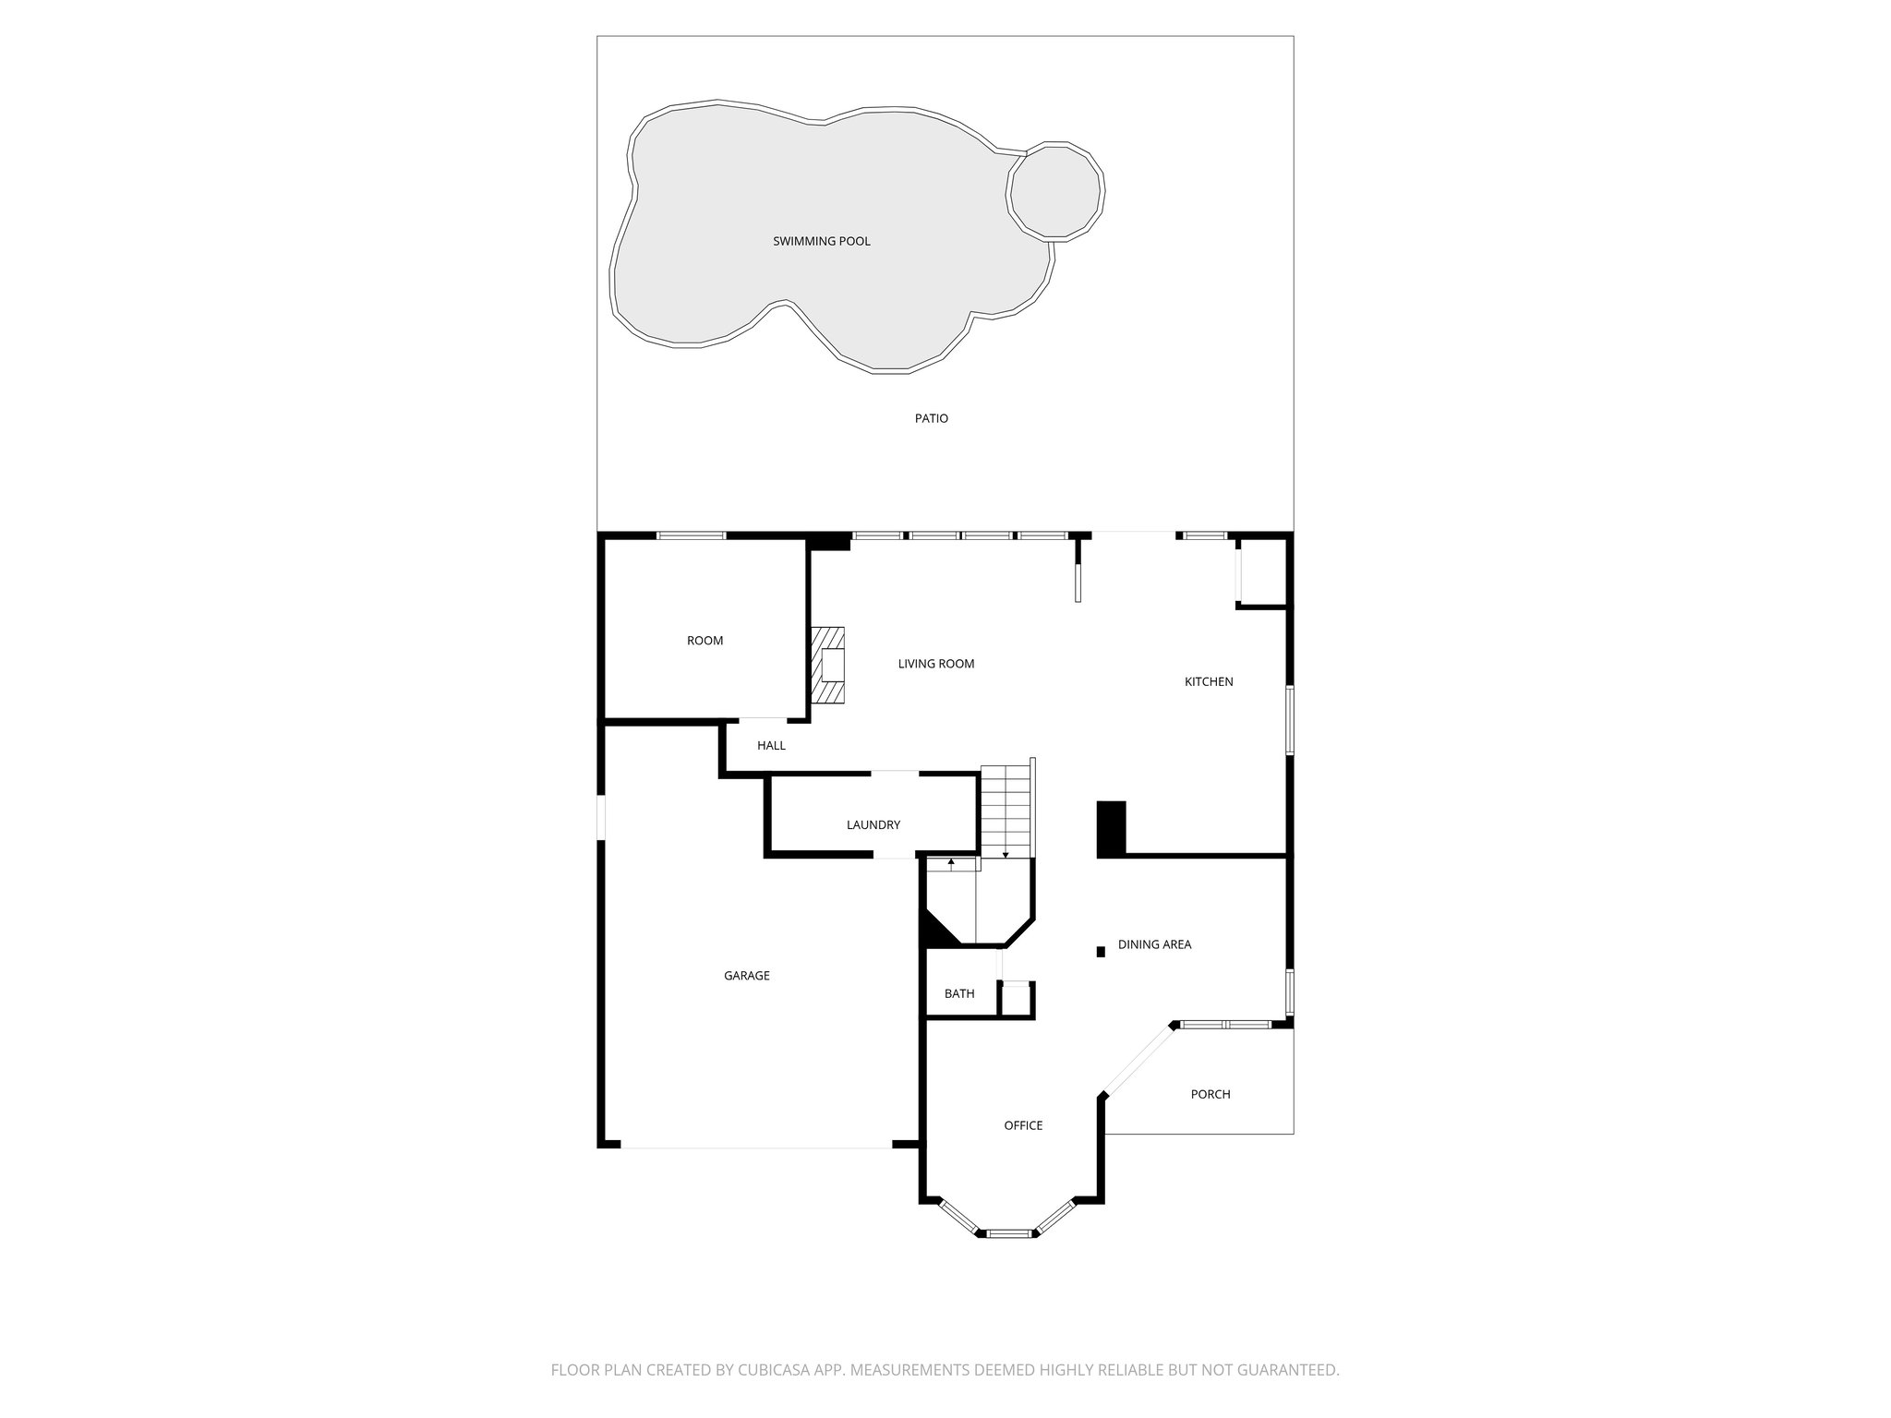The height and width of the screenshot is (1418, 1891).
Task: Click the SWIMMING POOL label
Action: [821, 242]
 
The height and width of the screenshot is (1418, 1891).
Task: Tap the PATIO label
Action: [931, 418]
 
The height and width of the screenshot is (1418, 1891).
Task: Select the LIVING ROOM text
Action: [935, 664]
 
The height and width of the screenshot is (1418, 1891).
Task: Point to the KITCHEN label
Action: [1208, 682]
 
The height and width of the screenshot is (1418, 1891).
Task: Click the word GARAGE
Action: [746, 976]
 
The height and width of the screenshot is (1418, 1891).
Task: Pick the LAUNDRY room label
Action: [873, 825]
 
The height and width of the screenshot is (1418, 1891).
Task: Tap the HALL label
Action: [771, 746]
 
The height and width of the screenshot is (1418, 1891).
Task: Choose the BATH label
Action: [958, 994]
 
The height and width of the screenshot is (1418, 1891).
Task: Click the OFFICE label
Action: [1023, 1125]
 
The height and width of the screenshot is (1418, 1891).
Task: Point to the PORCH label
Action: [1210, 1094]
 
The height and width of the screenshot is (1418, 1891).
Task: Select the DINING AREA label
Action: [1154, 944]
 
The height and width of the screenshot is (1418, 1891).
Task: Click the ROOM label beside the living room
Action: [705, 641]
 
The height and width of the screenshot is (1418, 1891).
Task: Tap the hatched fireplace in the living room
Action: [828, 667]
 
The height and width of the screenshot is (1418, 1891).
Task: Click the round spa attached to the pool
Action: [1055, 192]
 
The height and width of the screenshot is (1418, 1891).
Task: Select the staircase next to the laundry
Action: [1005, 811]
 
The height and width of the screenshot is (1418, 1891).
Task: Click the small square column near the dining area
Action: [1100, 951]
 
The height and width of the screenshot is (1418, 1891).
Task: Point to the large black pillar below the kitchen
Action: [1111, 828]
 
